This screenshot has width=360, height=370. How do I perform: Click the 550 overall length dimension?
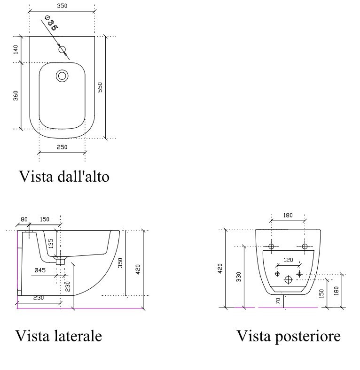[x=100, y=87]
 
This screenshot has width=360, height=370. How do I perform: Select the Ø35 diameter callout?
[x=52, y=23]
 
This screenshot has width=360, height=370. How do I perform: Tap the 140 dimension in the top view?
[x=16, y=50]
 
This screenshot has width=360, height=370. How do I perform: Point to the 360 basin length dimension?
[x=16, y=96]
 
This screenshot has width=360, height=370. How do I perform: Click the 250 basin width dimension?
[x=62, y=147]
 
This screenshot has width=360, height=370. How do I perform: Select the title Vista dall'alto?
[x=64, y=176]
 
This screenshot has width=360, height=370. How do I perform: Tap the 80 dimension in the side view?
[x=24, y=219]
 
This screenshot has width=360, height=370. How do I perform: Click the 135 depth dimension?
[x=51, y=244]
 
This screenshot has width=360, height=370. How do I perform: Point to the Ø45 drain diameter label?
[x=40, y=270]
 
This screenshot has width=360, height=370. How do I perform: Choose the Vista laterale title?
[x=59, y=336]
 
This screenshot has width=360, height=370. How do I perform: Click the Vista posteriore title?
[x=289, y=336]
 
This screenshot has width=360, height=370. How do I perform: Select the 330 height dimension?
[x=239, y=277]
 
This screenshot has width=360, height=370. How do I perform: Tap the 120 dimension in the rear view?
[x=288, y=260]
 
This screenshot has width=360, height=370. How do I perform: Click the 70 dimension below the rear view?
[x=278, y=301]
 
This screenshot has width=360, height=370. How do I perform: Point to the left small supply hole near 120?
[x=277, y=274]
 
